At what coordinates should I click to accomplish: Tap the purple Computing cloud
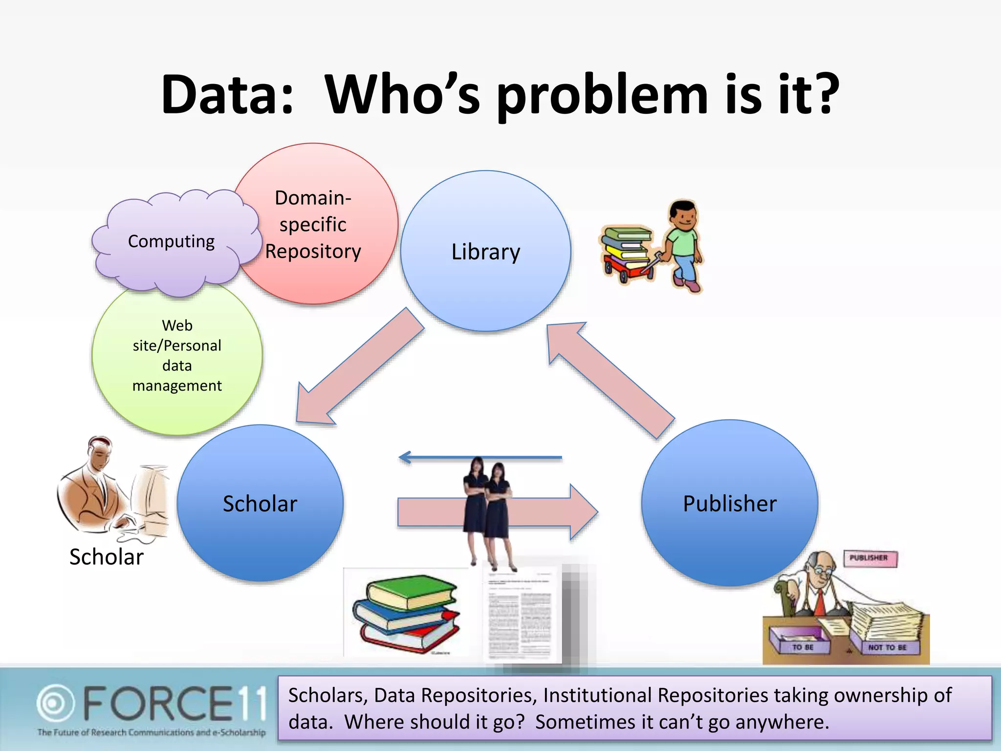(171, 242)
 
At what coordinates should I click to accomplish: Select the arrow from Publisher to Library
(611, 379)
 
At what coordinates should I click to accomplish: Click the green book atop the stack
(411, 592)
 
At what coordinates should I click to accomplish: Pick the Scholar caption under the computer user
(106, 557)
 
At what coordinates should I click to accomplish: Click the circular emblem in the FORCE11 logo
(55, 704)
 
